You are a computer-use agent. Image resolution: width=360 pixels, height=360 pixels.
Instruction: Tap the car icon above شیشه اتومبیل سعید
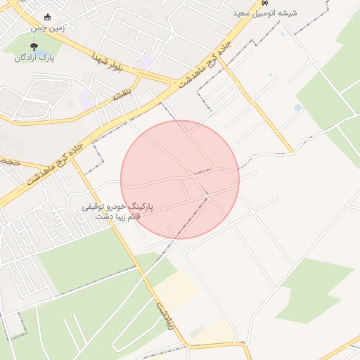tap(264, 3)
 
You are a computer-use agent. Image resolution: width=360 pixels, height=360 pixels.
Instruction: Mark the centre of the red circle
tap(180, 179)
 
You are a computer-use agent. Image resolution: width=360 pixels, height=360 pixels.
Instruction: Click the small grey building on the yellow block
tap(197, 330)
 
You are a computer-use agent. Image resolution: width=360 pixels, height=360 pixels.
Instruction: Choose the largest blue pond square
tap(298, 108)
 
